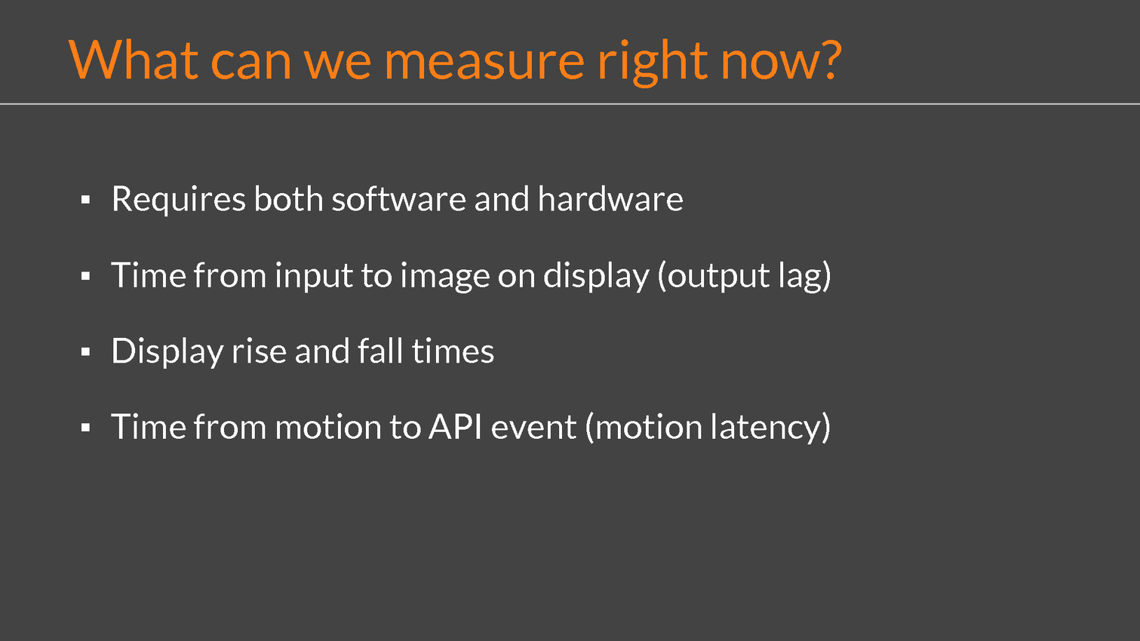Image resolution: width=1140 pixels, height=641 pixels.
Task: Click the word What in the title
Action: (133, 60)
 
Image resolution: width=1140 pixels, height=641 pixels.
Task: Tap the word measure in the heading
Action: (484, 63)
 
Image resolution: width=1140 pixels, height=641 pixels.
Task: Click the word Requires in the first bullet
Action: (179, 200)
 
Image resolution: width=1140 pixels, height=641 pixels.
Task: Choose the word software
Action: (399, 198)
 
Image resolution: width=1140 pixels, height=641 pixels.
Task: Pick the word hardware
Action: (610, 198)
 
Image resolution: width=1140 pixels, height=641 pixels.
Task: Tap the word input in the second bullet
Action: (314, 277)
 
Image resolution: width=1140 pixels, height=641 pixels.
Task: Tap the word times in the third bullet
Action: (453, 351)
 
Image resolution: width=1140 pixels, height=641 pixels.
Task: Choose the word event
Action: (533, 428)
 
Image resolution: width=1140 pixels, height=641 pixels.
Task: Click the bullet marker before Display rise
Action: (85, 351)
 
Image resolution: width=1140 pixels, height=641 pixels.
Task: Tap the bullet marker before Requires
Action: (85, 199)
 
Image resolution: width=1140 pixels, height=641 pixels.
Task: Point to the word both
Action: (288, 198)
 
